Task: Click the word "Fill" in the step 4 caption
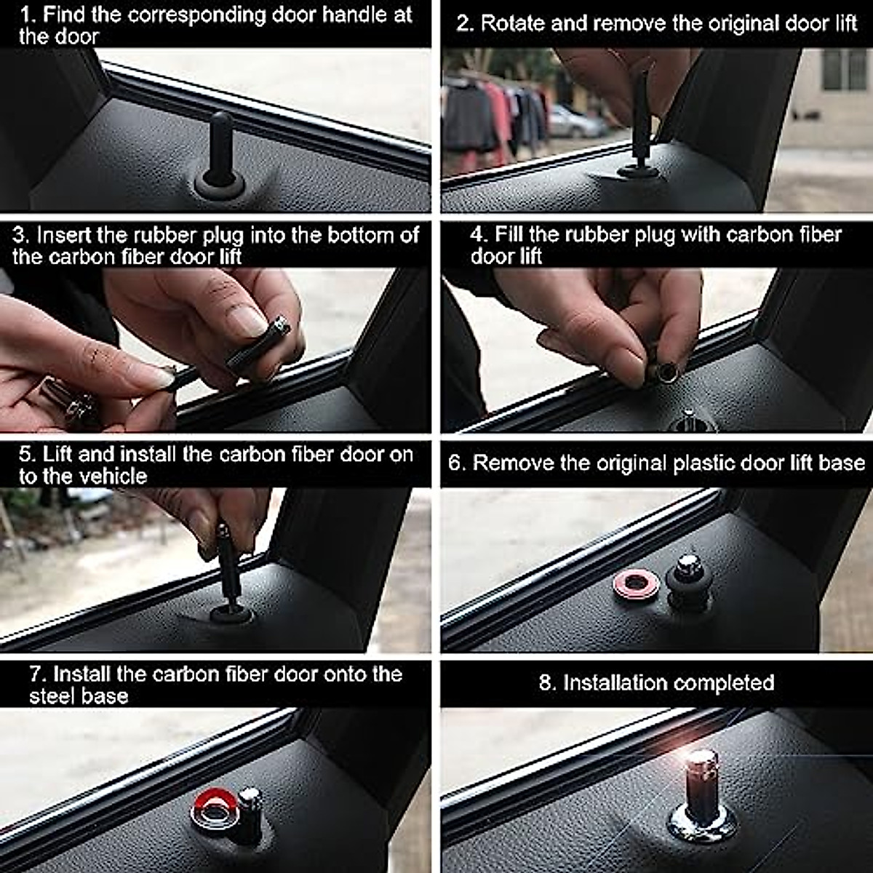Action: coord(509,235)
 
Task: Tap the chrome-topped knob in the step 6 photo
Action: coord(688,581)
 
